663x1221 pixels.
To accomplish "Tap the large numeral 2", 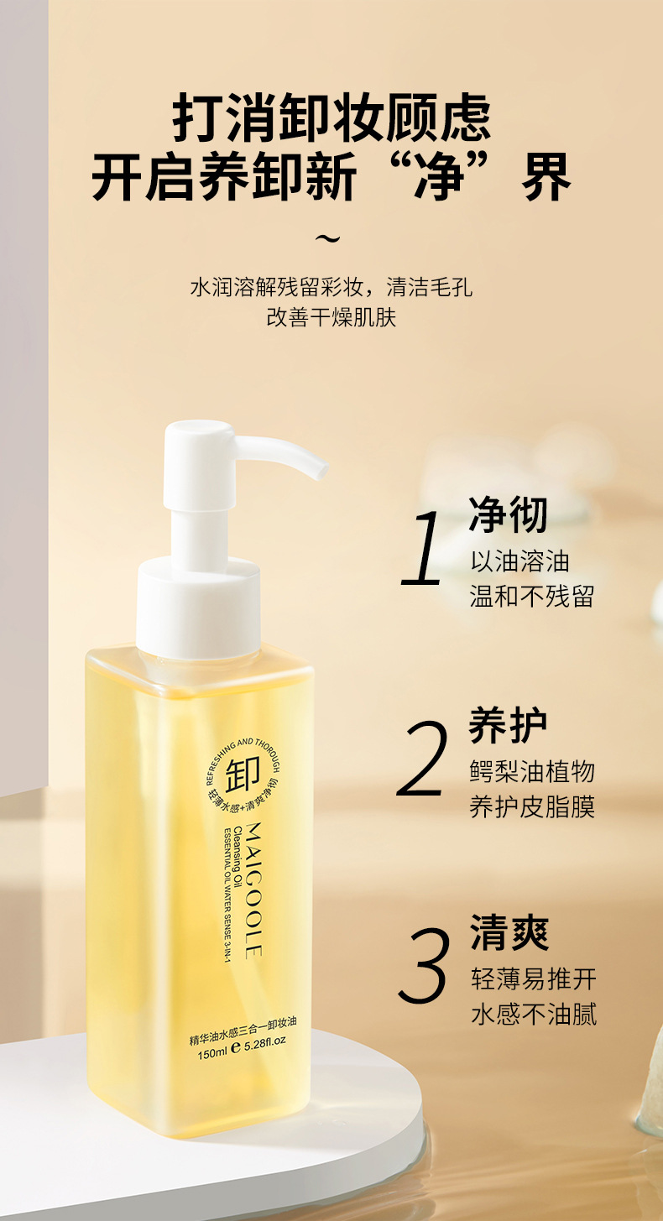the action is [422, 758].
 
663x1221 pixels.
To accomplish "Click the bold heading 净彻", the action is [508, 514].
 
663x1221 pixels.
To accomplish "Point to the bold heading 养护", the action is [508, 726].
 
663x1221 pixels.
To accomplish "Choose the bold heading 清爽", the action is [509, 933].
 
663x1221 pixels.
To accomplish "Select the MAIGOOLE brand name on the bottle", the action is [254, 890].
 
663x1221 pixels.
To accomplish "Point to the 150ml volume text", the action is [212, 1055].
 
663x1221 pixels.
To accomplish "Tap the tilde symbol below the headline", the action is [327, 238].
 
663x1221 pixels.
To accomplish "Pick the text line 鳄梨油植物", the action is [532, 771].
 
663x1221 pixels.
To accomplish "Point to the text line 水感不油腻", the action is [535, 1014].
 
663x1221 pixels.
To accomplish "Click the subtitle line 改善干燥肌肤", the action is [331, 316].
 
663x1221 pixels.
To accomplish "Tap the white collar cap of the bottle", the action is [198, 606].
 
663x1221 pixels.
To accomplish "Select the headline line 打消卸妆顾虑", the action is [331, 118].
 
